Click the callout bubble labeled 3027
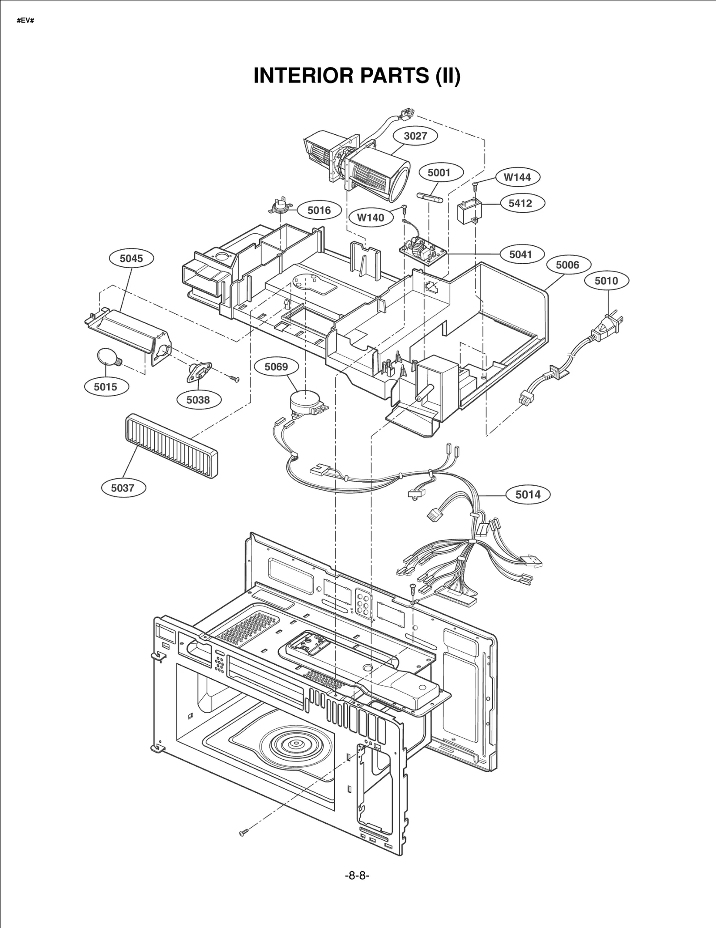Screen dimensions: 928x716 [x=415, y=136]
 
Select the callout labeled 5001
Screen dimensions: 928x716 [x=439, y=172]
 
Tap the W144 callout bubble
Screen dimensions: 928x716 [x=517, y=177]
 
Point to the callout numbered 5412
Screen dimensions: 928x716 [x=520, y=203]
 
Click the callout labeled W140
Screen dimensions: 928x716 [x=370, y=218]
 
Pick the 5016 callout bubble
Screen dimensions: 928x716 [x=319, y=210]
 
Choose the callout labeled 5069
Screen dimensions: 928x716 [x=276, y=367]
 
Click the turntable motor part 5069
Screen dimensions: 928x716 [x=304, y=401]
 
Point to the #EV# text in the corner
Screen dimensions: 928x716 [x=25, y=21]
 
